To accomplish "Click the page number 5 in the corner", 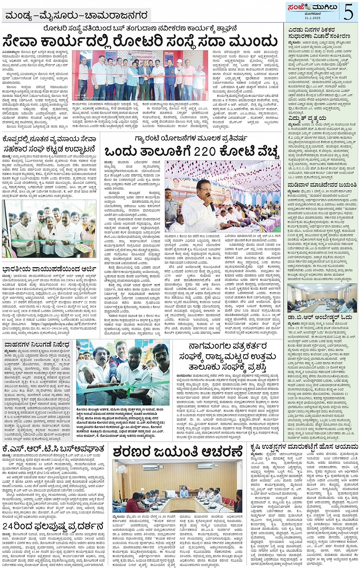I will pyautogui.click(x=348, y=12).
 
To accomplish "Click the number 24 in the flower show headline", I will pyautogui.click(x=10, y=526).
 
